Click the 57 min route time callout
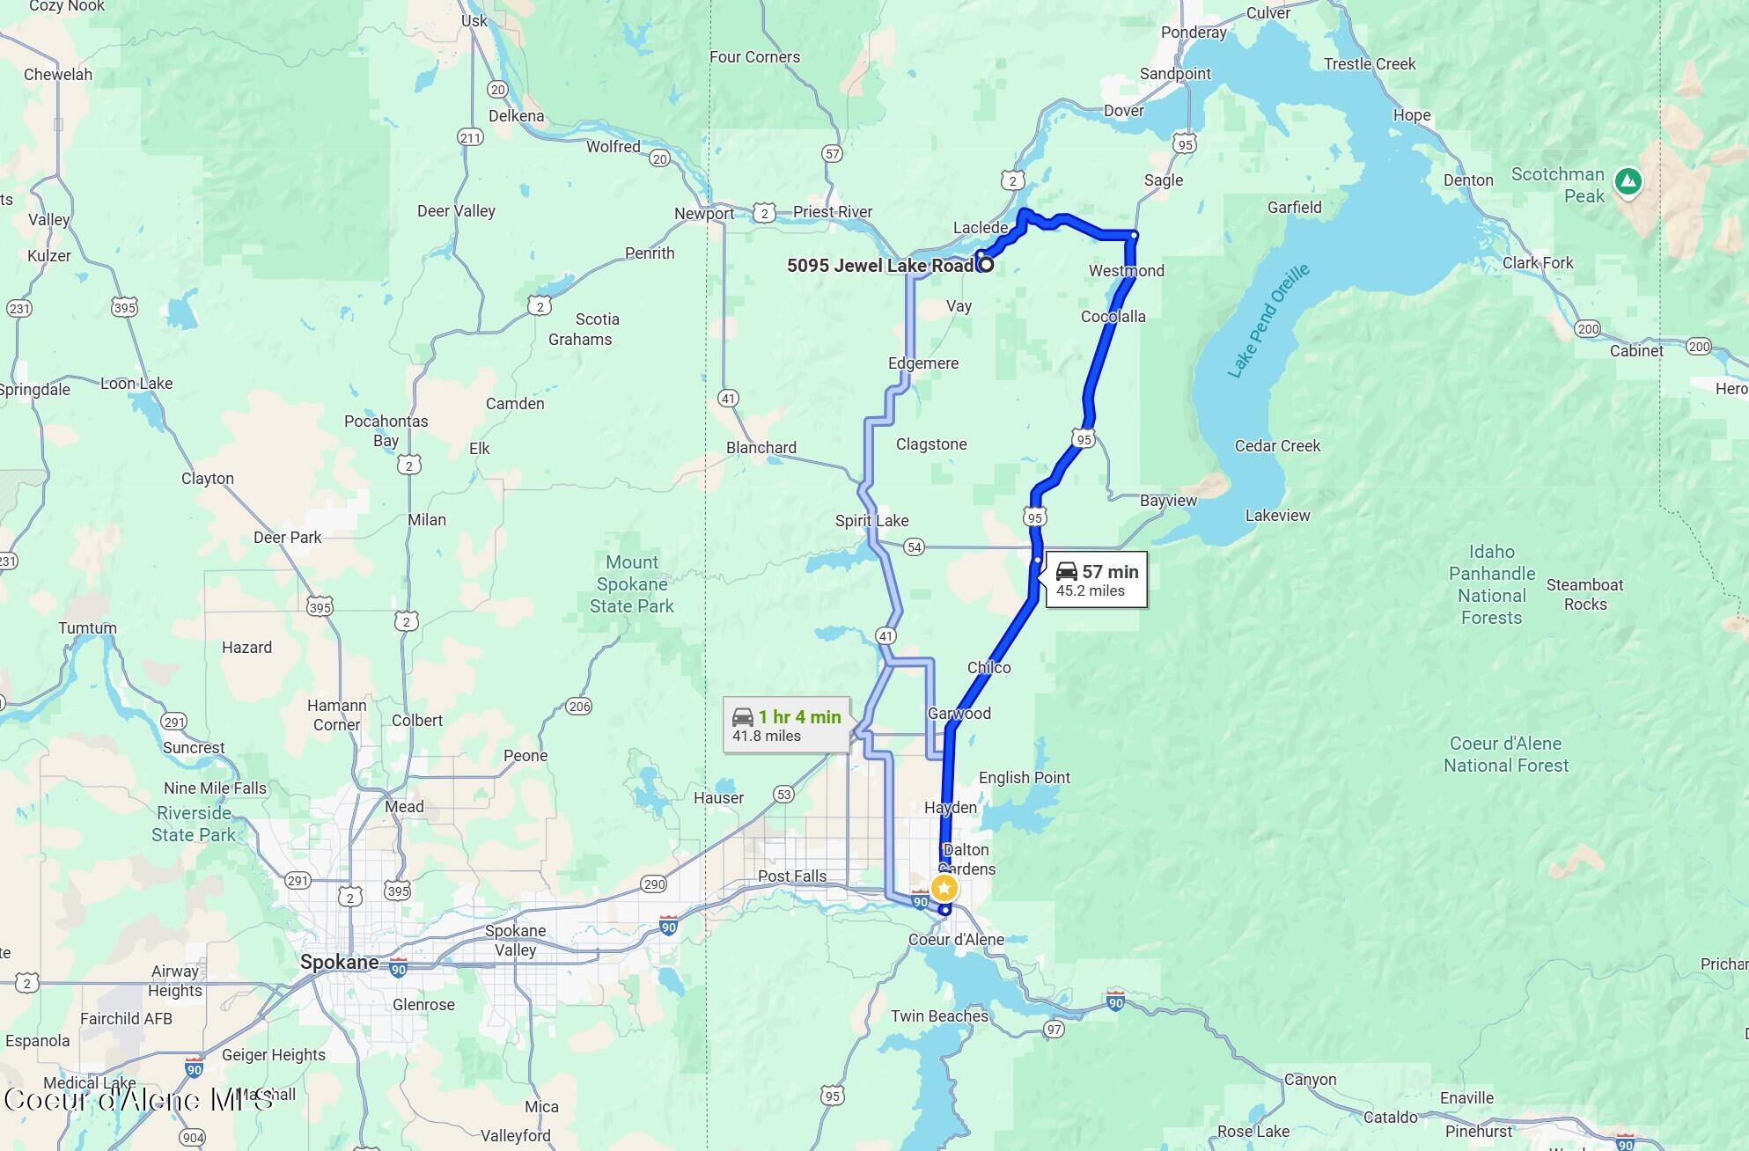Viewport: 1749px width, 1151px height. point(1096,581)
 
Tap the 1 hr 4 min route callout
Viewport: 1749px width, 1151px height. point(787,726)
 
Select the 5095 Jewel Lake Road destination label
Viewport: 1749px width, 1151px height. point(880,266)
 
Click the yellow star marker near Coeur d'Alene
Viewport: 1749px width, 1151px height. point(944,888)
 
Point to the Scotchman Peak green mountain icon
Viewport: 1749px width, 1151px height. point(1628,182)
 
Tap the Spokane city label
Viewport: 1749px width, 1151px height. point(339,962)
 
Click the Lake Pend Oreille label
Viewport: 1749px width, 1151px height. point(1268,322)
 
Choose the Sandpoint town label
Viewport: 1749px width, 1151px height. point(1175,74)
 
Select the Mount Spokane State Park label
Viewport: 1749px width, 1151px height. point(632,584)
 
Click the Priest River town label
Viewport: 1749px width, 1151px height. point(832,212)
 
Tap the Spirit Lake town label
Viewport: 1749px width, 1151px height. point(871,521)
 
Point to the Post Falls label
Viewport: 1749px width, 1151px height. point(792,876)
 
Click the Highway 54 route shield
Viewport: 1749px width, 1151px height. point(915,547)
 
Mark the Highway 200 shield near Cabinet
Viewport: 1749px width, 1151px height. point(1699,347)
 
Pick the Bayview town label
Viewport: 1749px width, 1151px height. point(1168,501)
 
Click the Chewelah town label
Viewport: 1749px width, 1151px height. point(58,75)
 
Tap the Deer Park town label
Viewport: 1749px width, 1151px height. point(287,538)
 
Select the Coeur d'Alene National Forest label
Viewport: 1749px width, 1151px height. point(1505,755)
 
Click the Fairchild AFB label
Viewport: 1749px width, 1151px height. point(126,1019)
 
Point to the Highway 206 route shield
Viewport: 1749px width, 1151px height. point(579,707)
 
